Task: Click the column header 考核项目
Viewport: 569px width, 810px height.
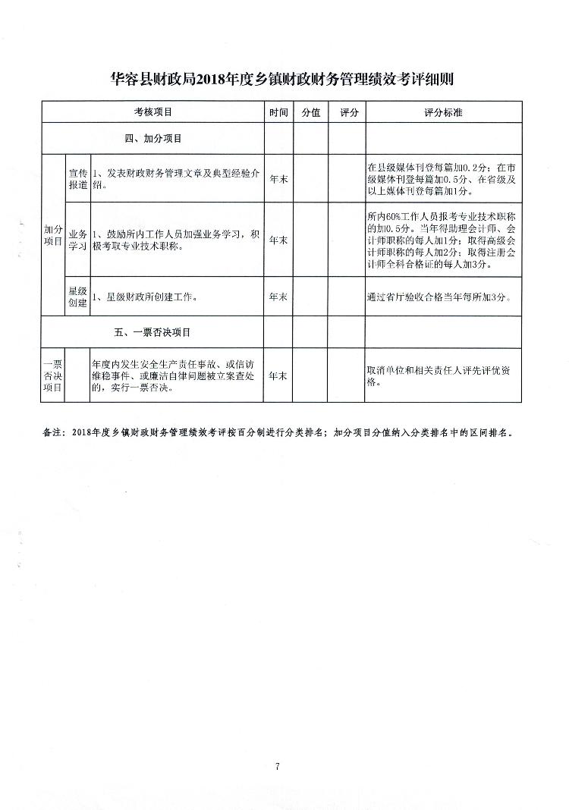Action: (153, 112)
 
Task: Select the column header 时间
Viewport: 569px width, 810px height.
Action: (278, 112)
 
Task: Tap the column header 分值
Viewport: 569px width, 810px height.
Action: (310, 112)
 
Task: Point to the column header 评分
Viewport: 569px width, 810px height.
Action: (348, 112)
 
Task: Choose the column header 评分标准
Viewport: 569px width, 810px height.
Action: (444, 112)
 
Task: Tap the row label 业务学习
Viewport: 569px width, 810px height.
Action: (78, 240)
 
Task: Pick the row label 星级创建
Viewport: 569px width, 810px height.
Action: (78, 297)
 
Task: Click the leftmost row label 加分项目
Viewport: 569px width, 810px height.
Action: (53, 234)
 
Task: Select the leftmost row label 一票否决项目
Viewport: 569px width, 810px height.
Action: (53, 375)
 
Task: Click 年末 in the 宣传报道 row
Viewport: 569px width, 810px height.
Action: (278, 178)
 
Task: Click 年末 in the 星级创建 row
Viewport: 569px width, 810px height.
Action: (278, 297)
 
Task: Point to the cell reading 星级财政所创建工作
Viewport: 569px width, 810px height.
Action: (144, 297)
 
